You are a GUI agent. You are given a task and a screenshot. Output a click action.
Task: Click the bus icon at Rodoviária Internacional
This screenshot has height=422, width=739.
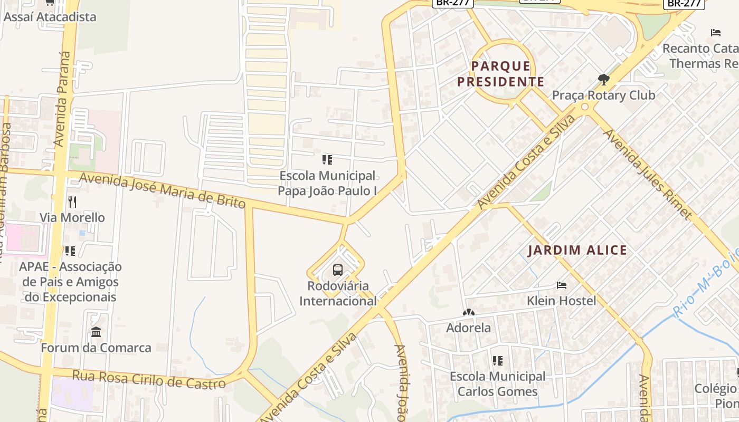338,270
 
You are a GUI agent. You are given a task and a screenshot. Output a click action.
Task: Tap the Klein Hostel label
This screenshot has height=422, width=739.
561,301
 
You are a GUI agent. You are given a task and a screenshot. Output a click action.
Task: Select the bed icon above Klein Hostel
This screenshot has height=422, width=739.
562,285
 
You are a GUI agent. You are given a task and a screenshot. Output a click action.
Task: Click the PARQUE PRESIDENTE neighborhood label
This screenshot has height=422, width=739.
500,74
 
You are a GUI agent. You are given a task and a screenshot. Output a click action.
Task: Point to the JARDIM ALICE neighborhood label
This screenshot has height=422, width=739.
577,250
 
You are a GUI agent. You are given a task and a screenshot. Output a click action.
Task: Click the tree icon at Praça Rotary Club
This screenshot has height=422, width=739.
603,80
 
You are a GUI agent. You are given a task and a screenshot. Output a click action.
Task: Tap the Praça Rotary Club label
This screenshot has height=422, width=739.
603,95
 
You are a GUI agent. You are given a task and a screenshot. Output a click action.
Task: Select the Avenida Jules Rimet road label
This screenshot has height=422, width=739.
648,174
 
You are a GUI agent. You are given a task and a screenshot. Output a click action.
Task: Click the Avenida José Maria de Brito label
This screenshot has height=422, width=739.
162,191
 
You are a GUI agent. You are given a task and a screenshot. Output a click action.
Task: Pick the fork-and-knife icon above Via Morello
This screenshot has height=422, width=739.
72,202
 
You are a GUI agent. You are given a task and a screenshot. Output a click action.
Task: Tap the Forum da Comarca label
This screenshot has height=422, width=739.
96,348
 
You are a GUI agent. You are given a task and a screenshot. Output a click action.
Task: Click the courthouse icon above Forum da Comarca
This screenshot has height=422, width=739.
96,332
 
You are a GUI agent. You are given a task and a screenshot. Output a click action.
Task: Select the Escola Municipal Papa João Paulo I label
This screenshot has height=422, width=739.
327,183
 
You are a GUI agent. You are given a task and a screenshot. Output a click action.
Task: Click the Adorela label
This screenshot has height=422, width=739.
468,328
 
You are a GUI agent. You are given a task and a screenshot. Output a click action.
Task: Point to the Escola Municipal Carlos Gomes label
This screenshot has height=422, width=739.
497,383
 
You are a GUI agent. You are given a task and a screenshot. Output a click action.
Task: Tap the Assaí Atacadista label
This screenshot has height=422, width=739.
50,17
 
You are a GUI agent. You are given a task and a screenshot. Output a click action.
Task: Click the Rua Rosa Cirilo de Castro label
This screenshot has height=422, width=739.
148,379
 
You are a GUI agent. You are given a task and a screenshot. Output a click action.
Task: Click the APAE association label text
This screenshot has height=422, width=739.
71,282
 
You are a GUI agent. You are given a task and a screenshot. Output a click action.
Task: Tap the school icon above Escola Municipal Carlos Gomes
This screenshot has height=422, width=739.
497,361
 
